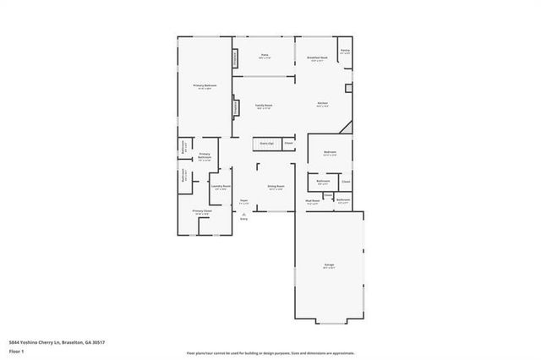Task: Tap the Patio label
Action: click(x=264, y=56)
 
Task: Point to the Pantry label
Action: click(x=345, y=53)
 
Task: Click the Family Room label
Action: click(x=263, y=106)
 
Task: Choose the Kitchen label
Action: click(x=322, y=103)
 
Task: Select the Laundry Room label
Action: click(x=220, y=188)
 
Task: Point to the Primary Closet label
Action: click(x=201, y=212)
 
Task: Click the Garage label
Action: click(x=328, y=266)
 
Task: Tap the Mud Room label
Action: click(x=312, y=202)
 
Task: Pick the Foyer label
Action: click(x=243, y=201)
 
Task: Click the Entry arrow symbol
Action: click(x=243, y=216)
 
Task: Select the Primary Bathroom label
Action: click(x=205, y=156)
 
